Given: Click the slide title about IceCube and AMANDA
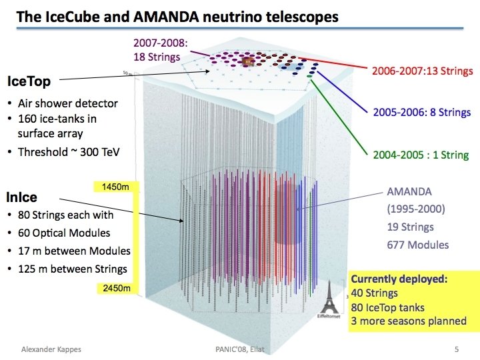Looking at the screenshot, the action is coord(177,16).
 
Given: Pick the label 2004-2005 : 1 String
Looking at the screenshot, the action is coord(421,155).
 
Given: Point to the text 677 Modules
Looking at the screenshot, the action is coord(418,245).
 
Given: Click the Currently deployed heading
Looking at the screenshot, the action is coord(399,279).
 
